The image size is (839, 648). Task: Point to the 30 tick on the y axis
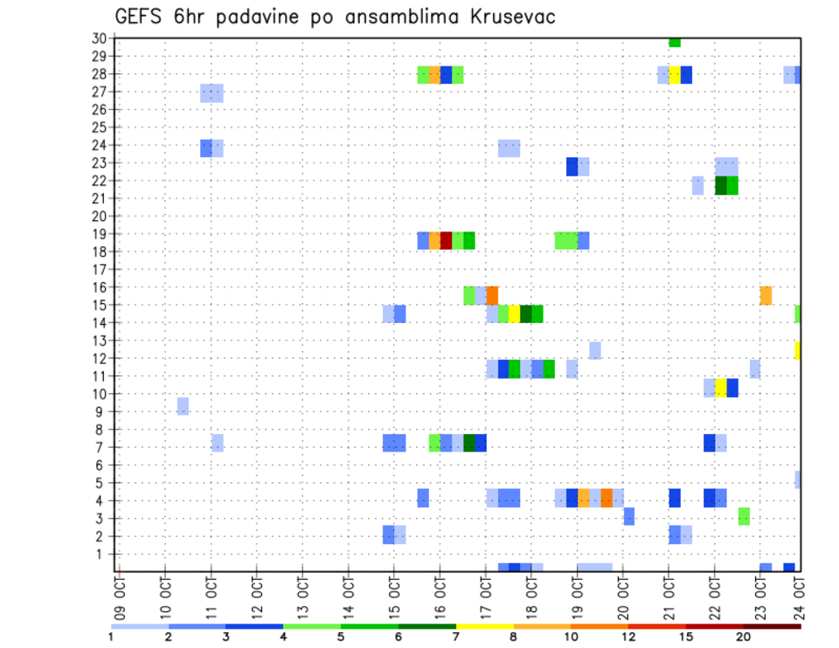[99, 38]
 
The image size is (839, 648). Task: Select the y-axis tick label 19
[99, 233]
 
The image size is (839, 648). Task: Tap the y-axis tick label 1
[102, 553]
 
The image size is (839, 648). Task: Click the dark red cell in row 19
[446, 240]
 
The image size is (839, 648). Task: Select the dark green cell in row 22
[720, 185]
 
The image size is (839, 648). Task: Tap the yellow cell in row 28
[675, 74]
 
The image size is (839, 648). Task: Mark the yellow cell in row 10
[720, 388]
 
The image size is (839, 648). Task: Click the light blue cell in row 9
[183, 406]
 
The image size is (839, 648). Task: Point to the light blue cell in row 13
[594, 350]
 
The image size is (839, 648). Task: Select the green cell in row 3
[743, 516]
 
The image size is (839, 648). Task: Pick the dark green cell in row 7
[469, 443]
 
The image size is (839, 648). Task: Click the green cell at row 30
[675, 41]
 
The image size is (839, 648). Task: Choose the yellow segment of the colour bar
[484, 626]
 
